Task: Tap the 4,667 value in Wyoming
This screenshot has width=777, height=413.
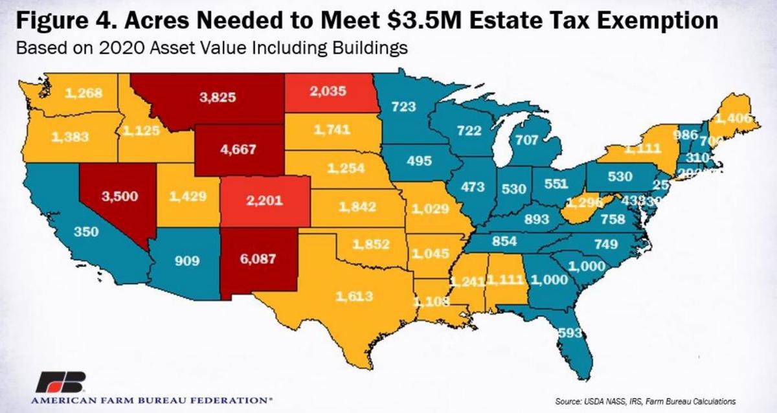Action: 238,148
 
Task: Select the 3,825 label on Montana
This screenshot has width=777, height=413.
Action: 218,98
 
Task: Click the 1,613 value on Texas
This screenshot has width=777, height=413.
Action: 354,296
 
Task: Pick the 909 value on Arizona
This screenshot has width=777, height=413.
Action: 186,261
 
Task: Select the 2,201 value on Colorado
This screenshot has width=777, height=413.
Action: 265,200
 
